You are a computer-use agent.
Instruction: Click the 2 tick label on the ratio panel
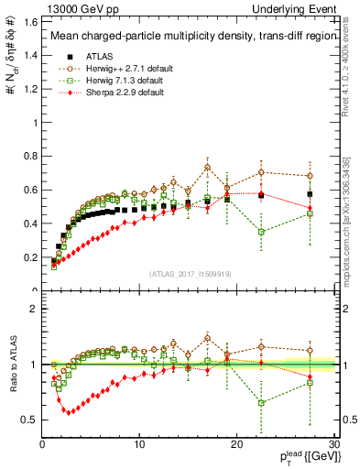(x=35, y=309)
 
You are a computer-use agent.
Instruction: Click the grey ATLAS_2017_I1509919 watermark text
(x=189, y=274)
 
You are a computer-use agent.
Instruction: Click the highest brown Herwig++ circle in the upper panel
(x=208, y=166)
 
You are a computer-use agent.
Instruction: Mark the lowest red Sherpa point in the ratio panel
(x=65, y=411)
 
